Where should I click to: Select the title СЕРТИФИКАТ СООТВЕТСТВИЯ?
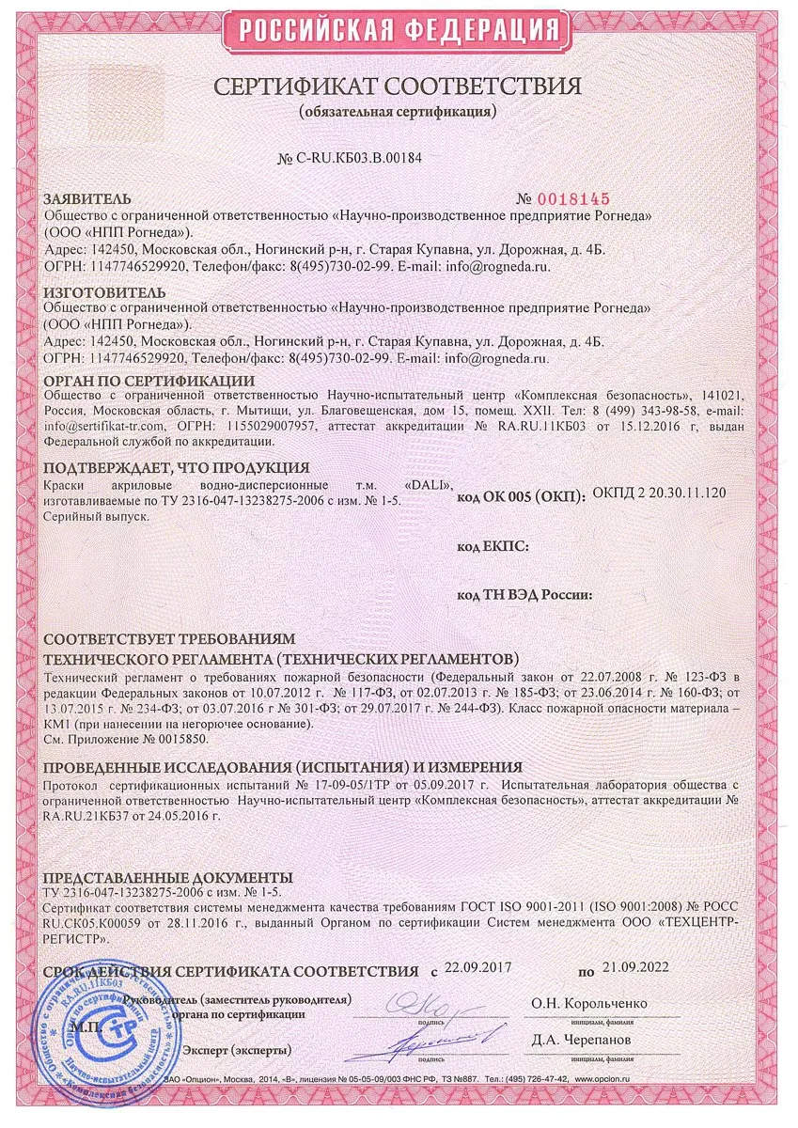[x=398, y=86]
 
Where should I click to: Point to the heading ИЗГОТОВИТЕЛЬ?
[x=97, y=292]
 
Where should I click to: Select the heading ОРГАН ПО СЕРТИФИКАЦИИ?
[x=149, y=381]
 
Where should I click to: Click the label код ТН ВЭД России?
[x=524, y=594]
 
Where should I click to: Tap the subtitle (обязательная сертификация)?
[x=398, y=112]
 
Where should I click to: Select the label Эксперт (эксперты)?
[x=237, y=1050]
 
